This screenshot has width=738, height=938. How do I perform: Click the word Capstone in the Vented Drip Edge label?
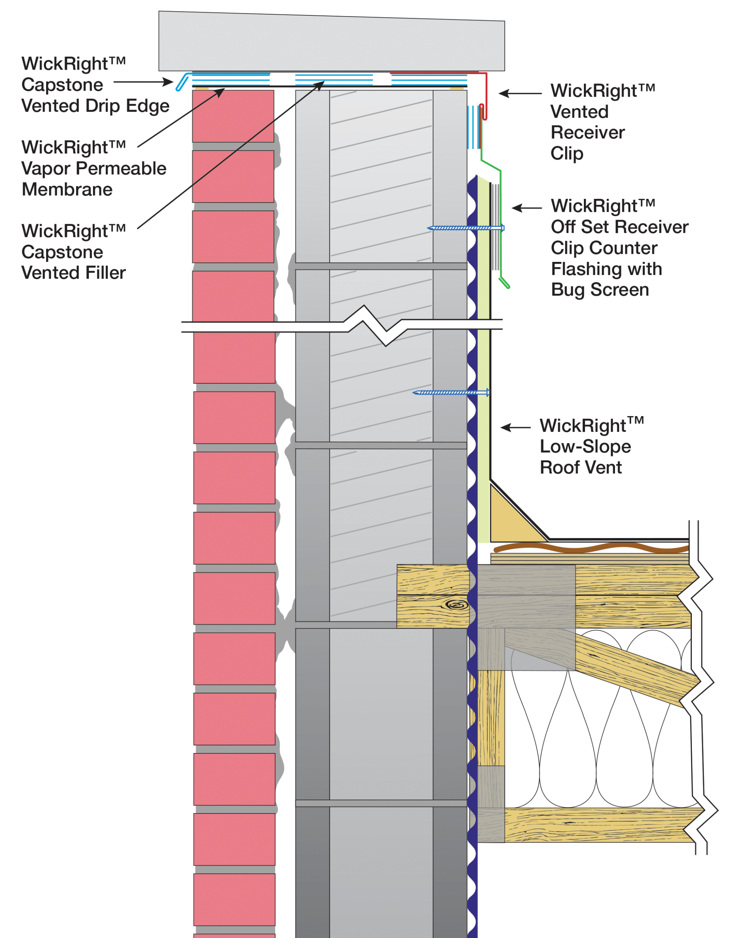tap(62, 85)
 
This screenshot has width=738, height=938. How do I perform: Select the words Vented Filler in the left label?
tap(73, 273)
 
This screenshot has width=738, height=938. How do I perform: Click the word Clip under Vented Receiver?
tap(567, 154)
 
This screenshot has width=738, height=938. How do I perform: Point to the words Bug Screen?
tap(600, 290)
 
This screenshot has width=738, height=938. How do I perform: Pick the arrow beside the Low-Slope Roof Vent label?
tap(515, 428)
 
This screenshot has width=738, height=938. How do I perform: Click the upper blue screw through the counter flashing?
tap(466, 228)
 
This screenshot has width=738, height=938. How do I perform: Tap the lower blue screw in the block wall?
tap(451, 393)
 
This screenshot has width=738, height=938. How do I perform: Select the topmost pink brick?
tap(233, 116)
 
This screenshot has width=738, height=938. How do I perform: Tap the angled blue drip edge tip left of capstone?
tap(182, 82)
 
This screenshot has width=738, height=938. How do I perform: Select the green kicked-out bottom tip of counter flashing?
tap(504, 283)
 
